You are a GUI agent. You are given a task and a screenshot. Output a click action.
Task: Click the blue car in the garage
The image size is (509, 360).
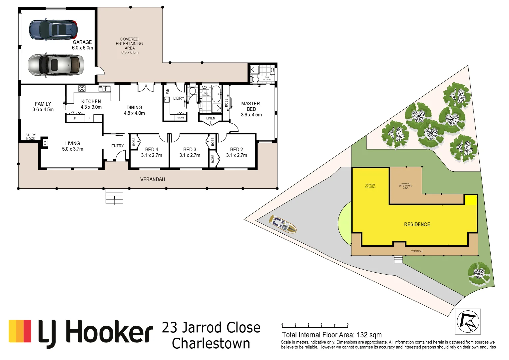click(53, 29)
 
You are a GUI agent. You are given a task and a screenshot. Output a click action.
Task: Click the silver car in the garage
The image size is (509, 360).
click(56, 65)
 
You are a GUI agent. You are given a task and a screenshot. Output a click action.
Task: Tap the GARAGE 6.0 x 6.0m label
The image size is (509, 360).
click(82, 45)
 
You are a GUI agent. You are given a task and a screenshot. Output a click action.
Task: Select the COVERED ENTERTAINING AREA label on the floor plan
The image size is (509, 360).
click(130, 46)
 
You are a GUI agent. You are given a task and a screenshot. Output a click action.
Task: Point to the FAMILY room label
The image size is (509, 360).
click(43, 107)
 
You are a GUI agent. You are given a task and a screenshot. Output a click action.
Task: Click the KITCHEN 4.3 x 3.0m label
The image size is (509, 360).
click(91, 104)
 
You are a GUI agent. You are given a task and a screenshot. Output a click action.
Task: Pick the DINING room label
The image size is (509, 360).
click(134, 110)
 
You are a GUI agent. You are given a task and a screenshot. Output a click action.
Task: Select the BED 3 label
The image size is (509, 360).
click(190, 152)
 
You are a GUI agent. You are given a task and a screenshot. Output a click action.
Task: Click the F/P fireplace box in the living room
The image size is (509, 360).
click(45, 143)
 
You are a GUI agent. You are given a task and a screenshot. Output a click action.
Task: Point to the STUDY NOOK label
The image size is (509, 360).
click(31, 137)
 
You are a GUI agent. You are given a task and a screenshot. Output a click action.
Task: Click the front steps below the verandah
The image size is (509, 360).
click(114, 196)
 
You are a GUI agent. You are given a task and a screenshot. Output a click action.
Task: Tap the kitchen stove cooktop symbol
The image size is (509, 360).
click(82, 88)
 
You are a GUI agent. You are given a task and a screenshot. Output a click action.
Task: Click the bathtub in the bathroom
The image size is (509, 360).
click(216, 94)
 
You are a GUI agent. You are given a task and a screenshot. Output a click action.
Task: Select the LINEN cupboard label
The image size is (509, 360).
click(211, 118)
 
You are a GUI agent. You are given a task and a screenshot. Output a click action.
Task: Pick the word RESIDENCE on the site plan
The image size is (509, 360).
click(417, 224)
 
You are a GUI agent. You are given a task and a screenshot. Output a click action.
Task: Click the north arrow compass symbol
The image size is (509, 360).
click(468, 321)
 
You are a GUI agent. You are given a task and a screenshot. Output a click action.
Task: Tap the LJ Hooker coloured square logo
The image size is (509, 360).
click(20, 331)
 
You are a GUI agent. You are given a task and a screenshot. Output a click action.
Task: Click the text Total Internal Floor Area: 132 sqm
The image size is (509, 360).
click(331, 335)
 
